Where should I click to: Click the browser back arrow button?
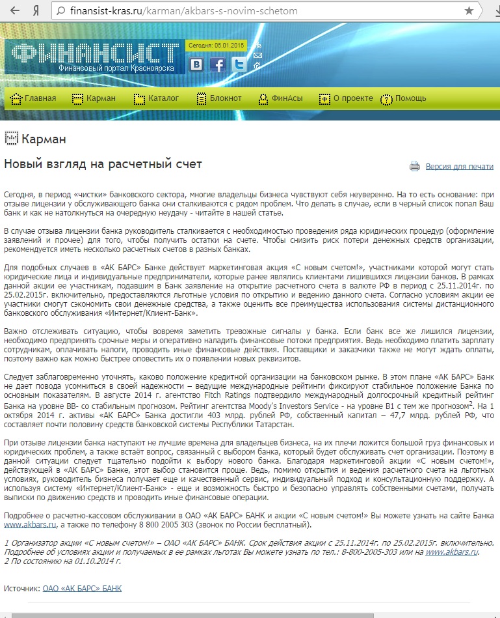(x=14, y=11)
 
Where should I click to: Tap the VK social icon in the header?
(x=196, y=64)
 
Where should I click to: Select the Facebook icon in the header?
(x=218, y=64)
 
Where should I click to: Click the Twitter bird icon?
(x=239, y=64)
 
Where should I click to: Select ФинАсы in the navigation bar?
(x=281, y=99)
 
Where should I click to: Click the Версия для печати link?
(x=459, y=167)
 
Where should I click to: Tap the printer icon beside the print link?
(x=415, y=167)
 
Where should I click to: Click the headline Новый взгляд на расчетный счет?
(x=103, y=164)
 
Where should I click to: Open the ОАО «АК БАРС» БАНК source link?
(x=82, y=589)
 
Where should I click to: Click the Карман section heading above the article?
(x=44, y=139)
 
